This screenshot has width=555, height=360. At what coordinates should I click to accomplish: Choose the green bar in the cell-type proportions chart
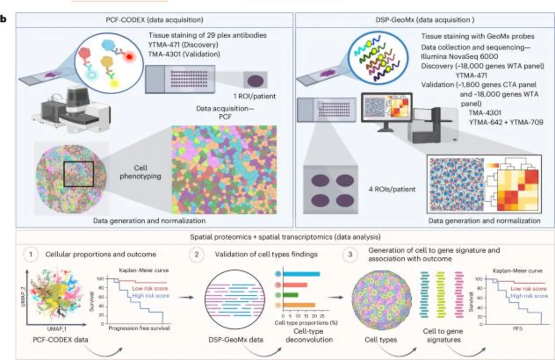pos(291,294)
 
